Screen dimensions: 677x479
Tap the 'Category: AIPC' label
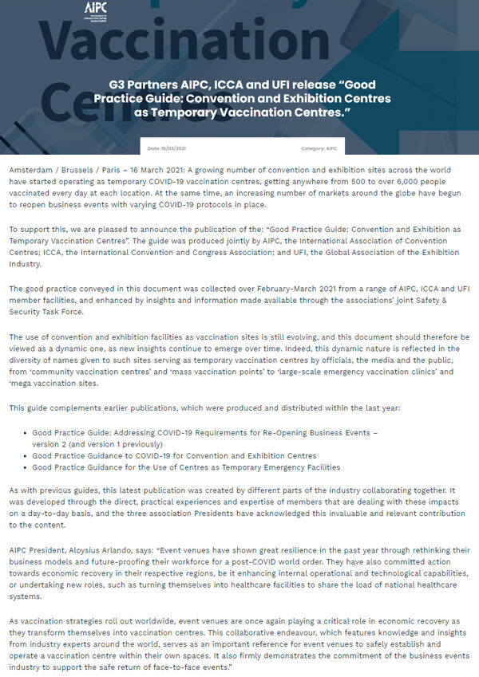[318, 148]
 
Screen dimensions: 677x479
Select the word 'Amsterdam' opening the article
[33, 171]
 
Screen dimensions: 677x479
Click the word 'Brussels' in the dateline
[84, 171]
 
